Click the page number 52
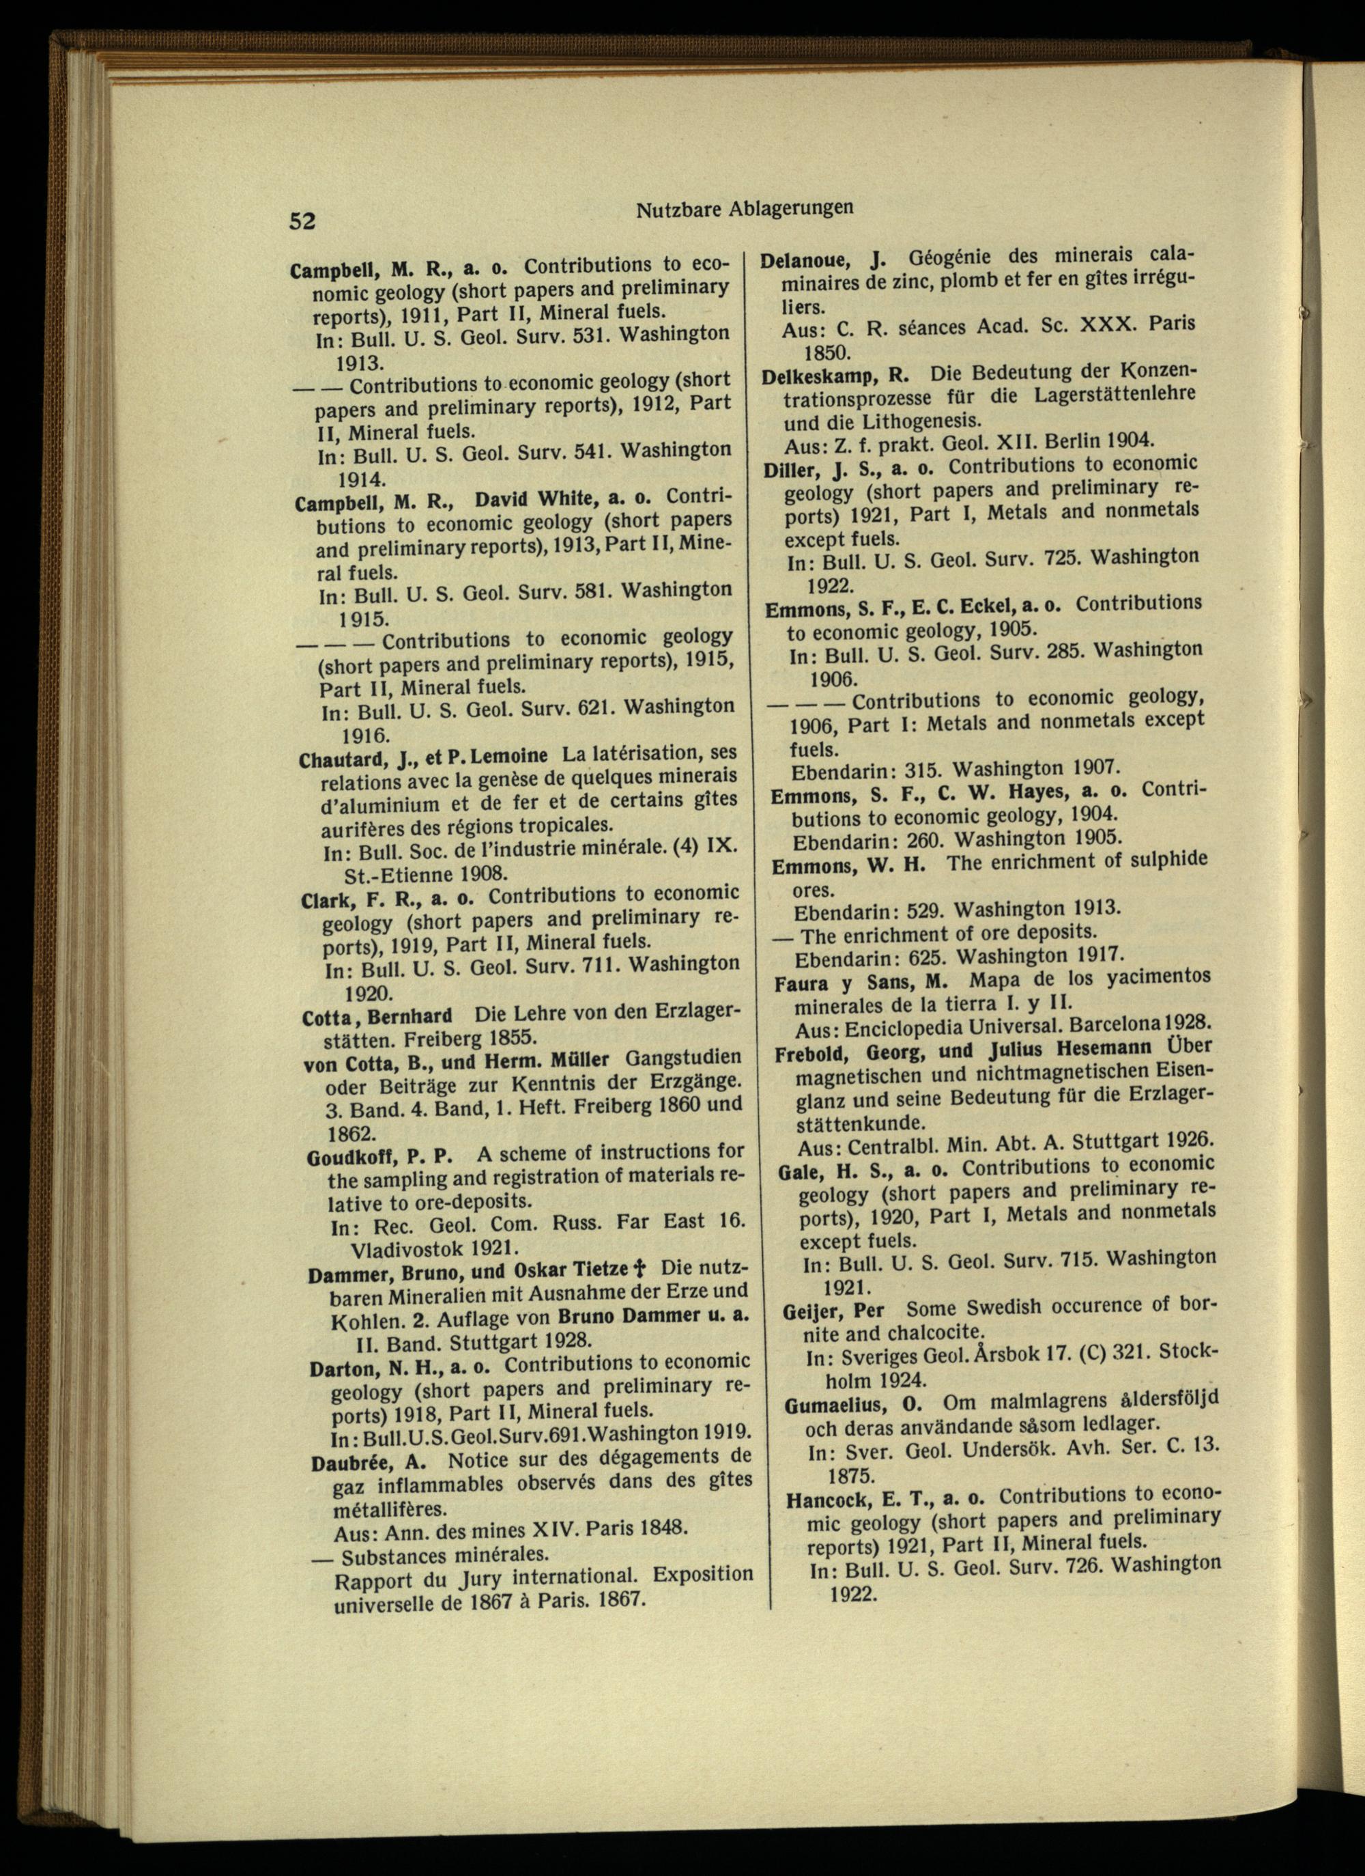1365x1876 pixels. pyautogui.click(x=302, y=221)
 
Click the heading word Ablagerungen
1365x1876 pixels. pyautogui.click(x=790, y=208)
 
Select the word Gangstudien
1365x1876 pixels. pyautogui.click(x=684, y=1059)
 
